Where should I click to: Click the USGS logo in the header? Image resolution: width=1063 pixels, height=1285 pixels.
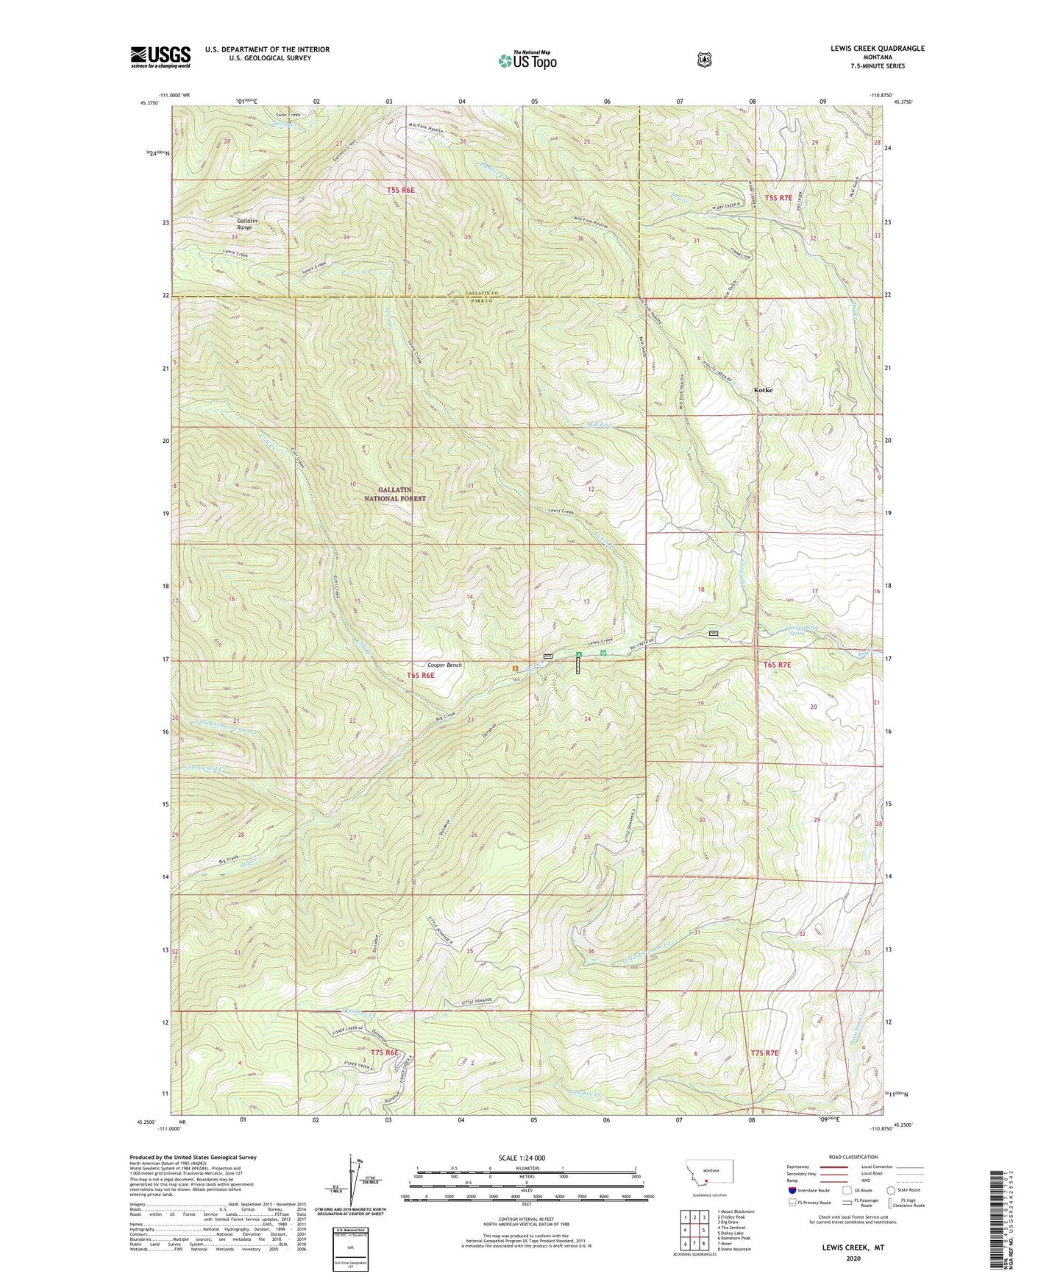(160, 57)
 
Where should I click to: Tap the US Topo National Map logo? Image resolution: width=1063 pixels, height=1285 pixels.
(527, 60)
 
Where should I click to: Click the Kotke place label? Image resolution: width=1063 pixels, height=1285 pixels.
(763, 390)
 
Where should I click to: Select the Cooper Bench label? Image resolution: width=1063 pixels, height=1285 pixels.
(444, 665)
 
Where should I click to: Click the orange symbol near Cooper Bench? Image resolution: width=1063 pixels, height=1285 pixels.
(515, 668)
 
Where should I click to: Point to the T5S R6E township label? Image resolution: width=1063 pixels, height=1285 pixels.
(400, 190)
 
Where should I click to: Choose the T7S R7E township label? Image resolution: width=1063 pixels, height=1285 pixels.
(764, 1053)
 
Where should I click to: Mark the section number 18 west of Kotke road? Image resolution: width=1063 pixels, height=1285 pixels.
(701, 590)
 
